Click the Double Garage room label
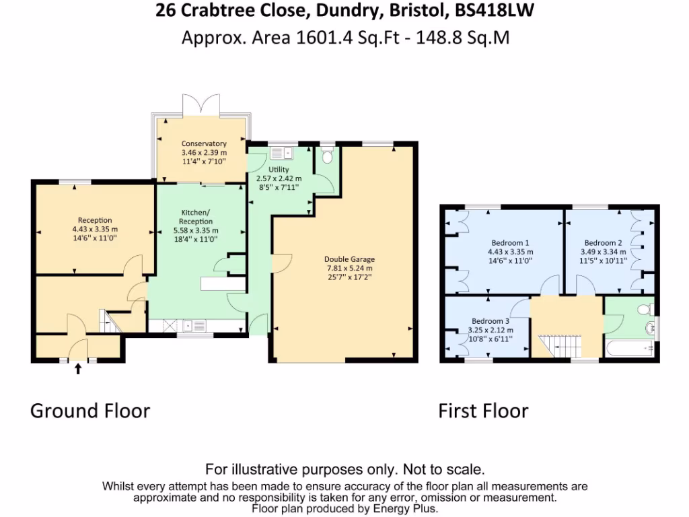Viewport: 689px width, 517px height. [349, 259]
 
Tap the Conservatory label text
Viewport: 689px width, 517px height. [204, 143]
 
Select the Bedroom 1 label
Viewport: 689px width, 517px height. [509, 243]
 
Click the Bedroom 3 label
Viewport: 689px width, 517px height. [490, 321]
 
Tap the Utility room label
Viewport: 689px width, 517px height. [278, 170]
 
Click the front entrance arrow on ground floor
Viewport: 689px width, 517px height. [78, 368]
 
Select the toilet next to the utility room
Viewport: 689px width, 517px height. [327, 157]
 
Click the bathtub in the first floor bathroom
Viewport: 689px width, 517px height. [630, 349]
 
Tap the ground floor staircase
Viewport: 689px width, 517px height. [108, 320]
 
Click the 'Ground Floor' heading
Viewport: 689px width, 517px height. [90, 411]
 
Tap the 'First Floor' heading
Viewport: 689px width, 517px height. [483, 411]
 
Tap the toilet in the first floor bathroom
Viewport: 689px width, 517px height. [643, 309]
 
